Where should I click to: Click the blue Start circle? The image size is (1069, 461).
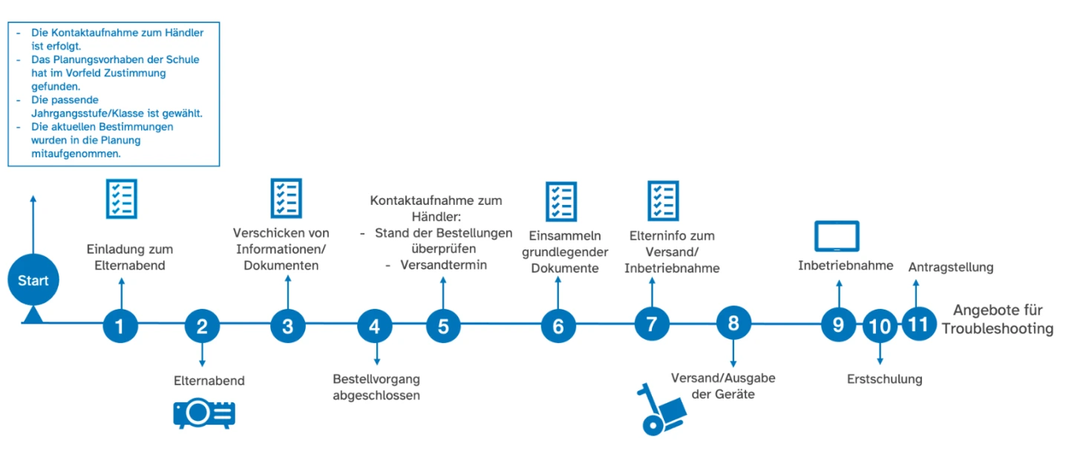33,281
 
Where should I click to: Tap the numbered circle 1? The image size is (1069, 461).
121,325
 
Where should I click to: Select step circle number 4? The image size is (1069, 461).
374,325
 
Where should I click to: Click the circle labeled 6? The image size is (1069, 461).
558,325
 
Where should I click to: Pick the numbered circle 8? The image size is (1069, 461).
733,323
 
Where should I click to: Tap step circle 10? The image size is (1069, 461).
880,325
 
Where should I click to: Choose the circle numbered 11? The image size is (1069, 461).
919,324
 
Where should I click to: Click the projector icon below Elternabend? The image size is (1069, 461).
204,414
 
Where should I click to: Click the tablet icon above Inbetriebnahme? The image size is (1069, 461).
837,237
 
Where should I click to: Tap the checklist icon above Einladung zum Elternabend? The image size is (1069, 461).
120,198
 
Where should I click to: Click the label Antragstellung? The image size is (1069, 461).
950,267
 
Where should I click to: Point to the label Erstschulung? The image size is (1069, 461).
884,379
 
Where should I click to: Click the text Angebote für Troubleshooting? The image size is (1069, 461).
997,319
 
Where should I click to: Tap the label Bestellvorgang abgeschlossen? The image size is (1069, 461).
376,387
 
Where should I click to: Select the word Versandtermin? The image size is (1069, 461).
444,264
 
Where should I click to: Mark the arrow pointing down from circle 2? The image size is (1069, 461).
202,353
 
